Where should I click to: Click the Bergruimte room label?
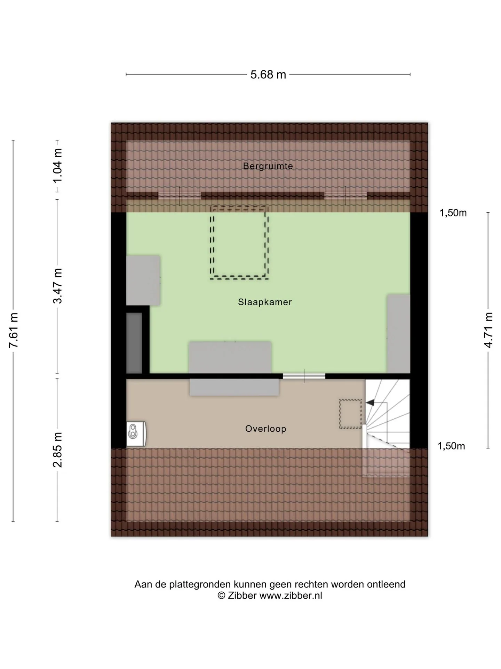[268, 166]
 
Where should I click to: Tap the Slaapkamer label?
[265, 302]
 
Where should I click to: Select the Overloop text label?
[265, 429]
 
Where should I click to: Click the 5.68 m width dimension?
[268, 75]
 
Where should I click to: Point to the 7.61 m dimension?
[14, 331]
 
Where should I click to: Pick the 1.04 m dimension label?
[58, 165]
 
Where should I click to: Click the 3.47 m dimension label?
[58, 286]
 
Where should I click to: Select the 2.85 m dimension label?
[58, 449]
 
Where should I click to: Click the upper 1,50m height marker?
[453, 213]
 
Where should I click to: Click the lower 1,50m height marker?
[451, 446]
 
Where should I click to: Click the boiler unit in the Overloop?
[136, 434]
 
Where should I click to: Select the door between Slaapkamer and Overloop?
[304, 376]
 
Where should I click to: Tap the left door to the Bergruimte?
[180, 196]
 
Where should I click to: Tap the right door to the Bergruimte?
[345, 196]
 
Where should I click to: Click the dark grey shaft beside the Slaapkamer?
[134, 343]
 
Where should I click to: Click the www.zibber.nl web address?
[291, 596]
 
